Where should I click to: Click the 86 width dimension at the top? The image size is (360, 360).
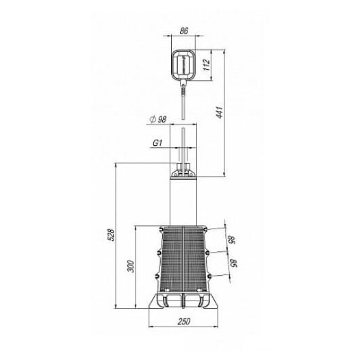coord(184,31)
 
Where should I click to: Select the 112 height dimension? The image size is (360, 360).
coord(207,65)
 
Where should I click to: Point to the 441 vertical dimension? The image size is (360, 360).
coord(220,112)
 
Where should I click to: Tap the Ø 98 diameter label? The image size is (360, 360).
coord(157,119)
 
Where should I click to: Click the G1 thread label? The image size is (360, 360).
coord(157,143)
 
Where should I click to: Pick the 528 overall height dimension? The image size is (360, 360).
coord(111,235)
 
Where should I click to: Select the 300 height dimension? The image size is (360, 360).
coord(131,266)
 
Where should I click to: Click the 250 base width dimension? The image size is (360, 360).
coord(184,322)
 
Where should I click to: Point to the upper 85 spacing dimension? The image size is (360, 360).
coord(231,240)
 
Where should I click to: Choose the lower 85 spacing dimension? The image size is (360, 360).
coord(233,263)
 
